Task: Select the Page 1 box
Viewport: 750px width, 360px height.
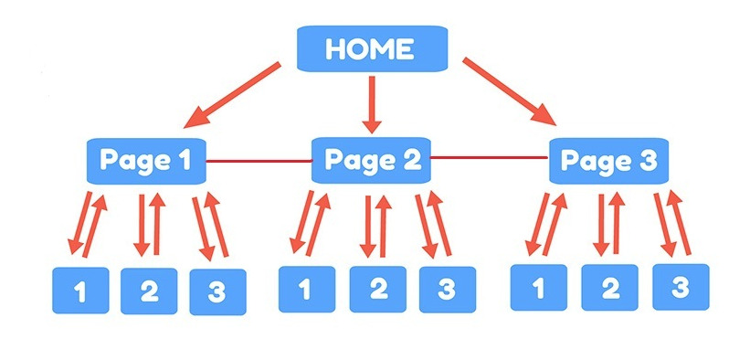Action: click(x=146, y=162)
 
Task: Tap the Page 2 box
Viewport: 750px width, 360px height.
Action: click(x=371, y=161)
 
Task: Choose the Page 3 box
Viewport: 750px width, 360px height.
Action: click(x=607, y=162)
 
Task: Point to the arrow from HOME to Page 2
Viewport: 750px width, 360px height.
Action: click(x=370, y=102)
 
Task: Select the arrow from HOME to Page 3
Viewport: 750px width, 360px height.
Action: click(x=509, y=91)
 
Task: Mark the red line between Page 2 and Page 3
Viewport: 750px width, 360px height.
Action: click(x=489, y=159)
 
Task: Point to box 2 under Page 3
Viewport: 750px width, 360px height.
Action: click(x=610, y=288)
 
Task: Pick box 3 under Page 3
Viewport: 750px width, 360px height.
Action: click(x=681, y=286)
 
